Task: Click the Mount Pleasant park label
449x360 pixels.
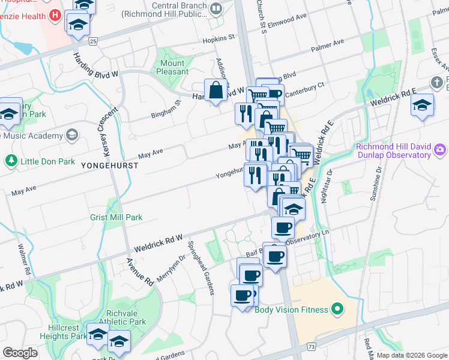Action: click(x=173, y=67)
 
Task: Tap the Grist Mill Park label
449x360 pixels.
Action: click(x=116, y=217)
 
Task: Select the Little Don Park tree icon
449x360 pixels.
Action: click(x=10, y=161)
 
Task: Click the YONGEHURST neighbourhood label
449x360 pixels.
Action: click(x=104, y=170)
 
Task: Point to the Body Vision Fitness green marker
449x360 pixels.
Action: click(x=338, y=310)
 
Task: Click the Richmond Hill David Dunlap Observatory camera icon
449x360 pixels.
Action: click(x=440, y=148)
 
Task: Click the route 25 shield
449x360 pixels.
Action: click(x=92, y=41)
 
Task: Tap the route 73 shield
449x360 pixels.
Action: click(x=310, y=347)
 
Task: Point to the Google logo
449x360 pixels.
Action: click(x=20, y=353)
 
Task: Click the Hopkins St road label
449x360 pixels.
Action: click(x=219, y=37)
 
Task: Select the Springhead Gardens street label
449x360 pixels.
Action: click(x=201, y=268)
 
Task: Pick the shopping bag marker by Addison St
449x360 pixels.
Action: click(x=215, y=90)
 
